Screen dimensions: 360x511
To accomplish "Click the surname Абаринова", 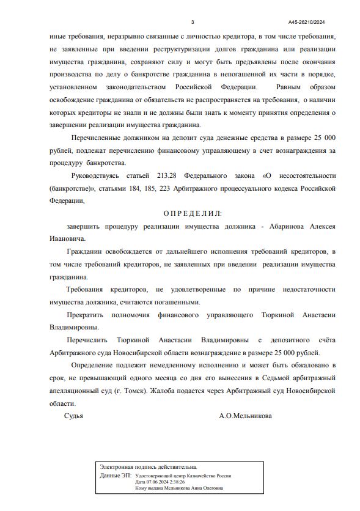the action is [x=281, y=226].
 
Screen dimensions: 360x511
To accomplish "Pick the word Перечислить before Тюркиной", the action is [x=88, y=340].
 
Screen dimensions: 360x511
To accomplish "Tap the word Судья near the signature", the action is [x=73, y=416].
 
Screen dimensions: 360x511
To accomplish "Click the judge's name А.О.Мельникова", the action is [x=245, y=416].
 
